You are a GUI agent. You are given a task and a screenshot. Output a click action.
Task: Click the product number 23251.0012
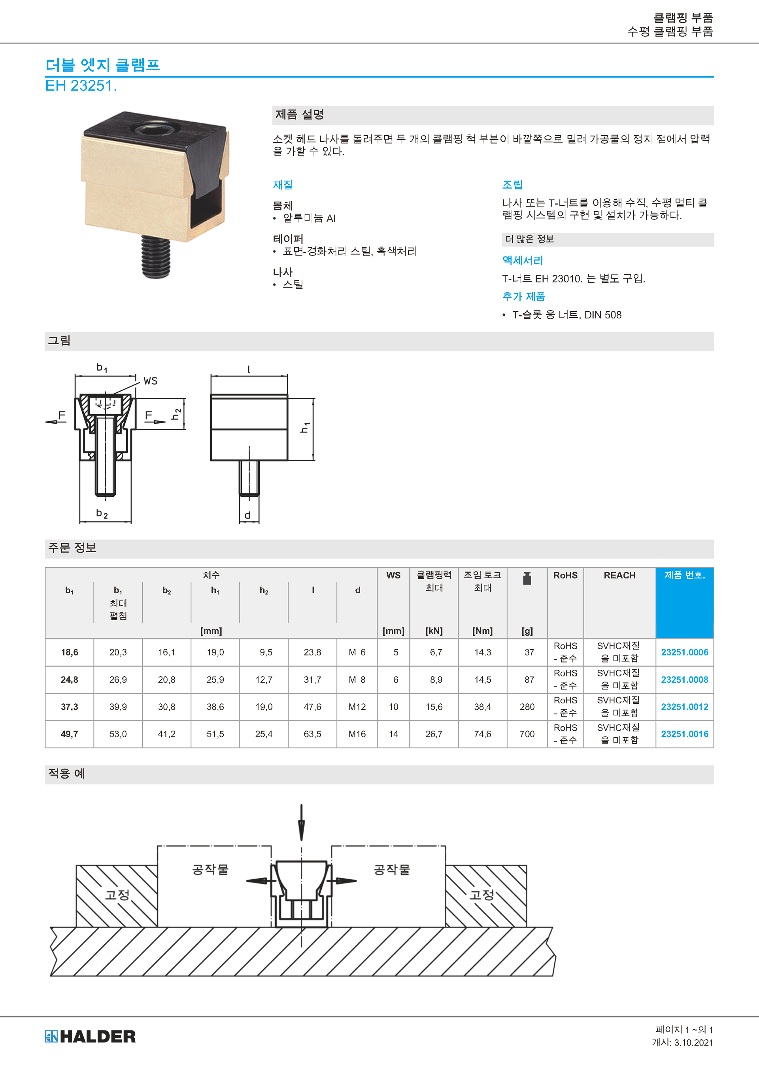tap(684, 707)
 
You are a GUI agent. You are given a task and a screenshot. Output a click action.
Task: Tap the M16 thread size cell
tap(357, 734)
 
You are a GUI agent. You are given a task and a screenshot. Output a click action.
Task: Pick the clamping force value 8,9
tap(436, 680)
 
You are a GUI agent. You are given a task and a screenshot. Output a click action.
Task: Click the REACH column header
tap(619, 575)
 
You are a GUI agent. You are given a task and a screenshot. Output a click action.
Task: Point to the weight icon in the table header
tap(527, 578)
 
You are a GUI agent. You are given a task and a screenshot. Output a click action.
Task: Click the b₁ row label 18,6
tap(70, 652)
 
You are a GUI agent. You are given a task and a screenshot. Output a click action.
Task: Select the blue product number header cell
tap(685, 603)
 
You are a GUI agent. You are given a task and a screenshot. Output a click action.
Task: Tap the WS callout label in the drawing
tap(151, 381)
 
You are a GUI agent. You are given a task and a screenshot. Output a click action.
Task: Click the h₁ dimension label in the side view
tap(305, 428)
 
